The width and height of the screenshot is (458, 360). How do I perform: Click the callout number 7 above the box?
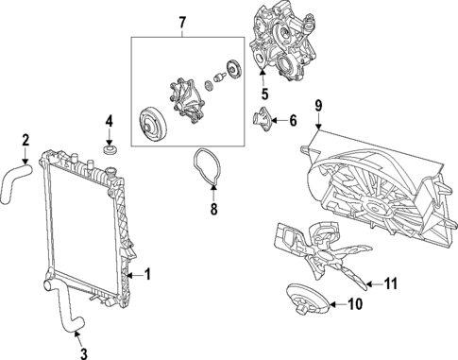182,23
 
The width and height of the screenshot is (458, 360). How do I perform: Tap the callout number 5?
264,94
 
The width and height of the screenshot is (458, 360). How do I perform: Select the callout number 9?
318,106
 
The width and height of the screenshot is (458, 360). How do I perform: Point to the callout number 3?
83,353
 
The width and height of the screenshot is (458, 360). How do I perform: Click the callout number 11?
391,284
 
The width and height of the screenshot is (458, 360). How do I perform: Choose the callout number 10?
355,304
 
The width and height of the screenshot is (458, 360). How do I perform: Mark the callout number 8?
213,209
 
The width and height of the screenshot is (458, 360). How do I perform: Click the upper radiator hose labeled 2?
14,182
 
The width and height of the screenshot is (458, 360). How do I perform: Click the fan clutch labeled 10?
308,298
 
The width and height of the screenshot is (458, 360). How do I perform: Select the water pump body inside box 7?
187,97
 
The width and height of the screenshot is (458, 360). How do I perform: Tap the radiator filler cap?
111,172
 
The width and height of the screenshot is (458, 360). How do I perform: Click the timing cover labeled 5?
281,41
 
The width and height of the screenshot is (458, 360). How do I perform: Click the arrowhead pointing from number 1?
130,276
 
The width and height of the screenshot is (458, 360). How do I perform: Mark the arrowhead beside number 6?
273,120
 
